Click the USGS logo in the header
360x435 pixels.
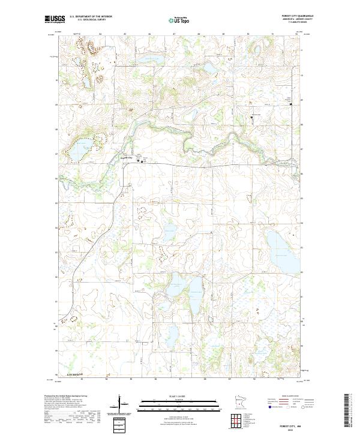click(55, 19)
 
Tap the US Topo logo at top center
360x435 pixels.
click(180, 19)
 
